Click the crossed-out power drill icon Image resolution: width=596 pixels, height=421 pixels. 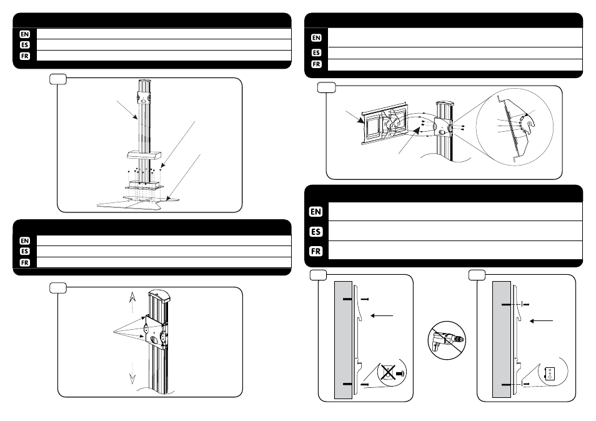pos(447,341)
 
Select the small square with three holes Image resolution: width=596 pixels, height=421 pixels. pos(550,373)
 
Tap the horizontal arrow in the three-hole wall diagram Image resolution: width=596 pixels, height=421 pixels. pos(541,320)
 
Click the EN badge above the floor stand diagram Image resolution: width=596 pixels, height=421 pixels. pos(24,34)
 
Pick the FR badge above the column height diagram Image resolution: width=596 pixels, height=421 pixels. pos(24,262)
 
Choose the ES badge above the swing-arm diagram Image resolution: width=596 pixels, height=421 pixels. pos(316,53)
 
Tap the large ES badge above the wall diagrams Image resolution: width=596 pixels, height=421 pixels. pos(316,232)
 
